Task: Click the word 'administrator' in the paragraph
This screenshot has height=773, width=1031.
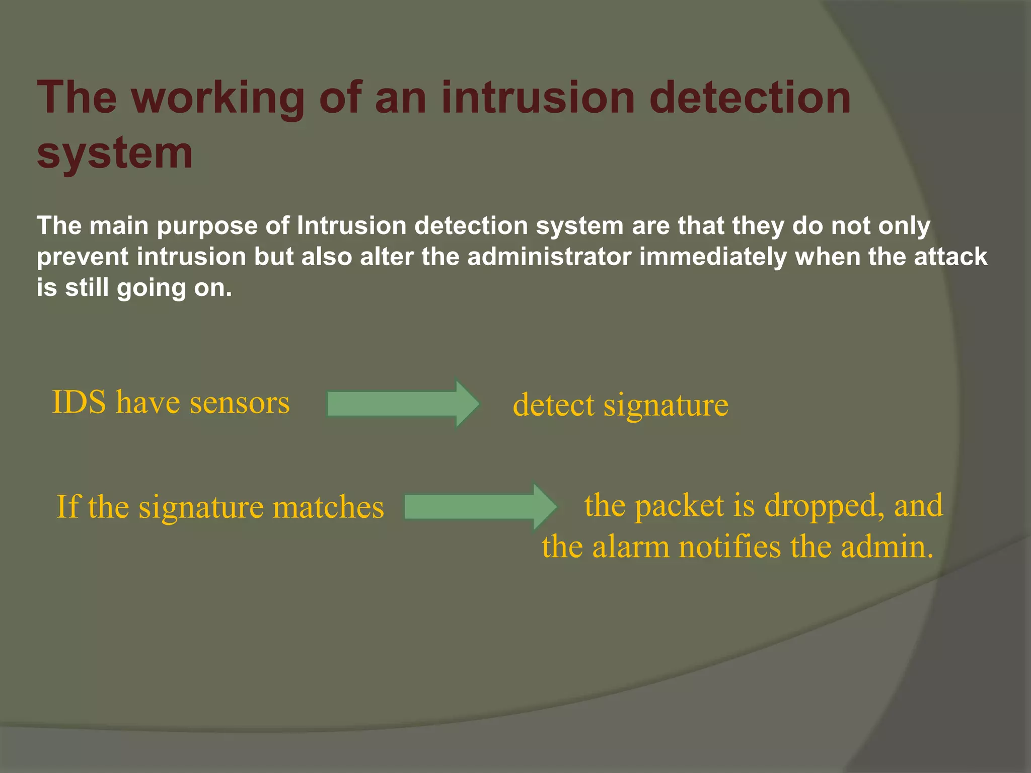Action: click(x=549, y=257)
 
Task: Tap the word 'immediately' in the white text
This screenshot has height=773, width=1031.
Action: click(x=713, y=257)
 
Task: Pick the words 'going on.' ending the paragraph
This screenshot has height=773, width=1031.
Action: click(x=174, y=288)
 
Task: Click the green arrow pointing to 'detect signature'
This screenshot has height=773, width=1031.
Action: click(x=403, y=404)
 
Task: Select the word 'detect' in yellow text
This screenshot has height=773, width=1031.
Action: click(x=553, y=405)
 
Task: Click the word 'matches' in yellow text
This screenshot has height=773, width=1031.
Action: click(x=328, y=507)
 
